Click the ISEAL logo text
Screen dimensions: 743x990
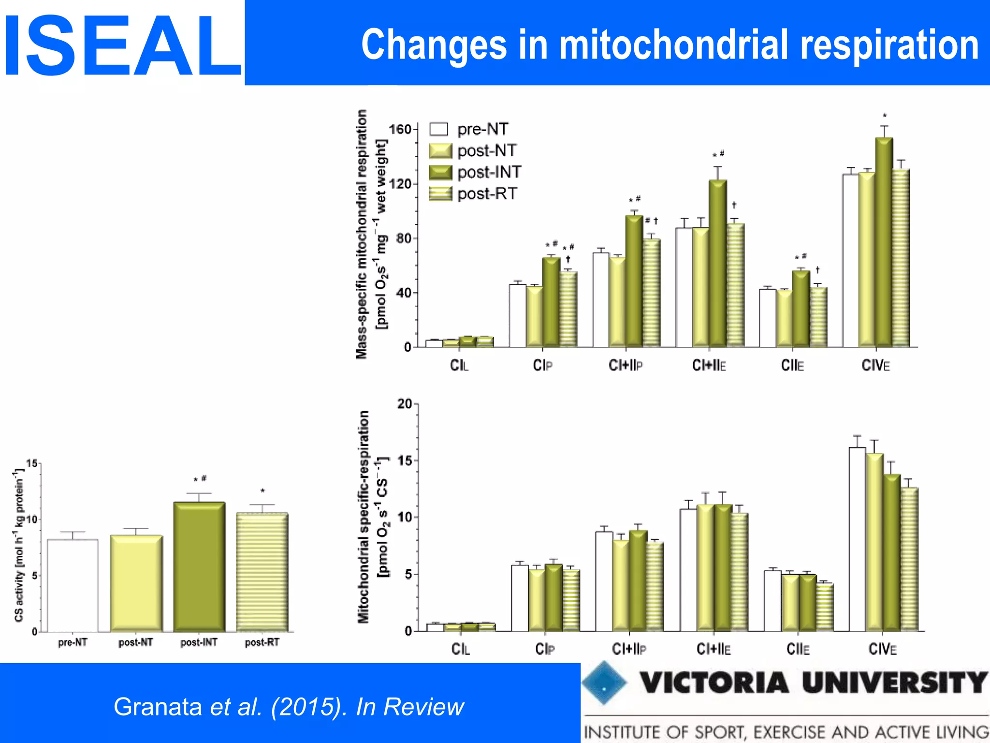[x=122, y=46]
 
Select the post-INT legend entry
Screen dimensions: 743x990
[x=489, y=172]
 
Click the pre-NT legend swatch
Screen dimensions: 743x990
[x=439, y=129]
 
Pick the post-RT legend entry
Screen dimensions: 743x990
[x=487, y=194]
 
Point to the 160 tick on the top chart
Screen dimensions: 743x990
[x=400, y=129]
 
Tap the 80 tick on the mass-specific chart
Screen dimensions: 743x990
[x=403, y=238]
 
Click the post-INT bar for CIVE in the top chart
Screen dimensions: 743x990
[x=884, y=242]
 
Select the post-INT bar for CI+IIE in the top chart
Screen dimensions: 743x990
[x=718, y=264]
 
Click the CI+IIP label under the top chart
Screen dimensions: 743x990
[x=626, y=366]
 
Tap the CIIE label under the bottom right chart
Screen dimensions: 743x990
[x=798, y=649]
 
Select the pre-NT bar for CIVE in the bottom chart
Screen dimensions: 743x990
[x=857, y=539]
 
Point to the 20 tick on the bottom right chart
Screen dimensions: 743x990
[x=405, y=403]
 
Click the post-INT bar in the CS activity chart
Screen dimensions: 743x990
[x=199, y=567]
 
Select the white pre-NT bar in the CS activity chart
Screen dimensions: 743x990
[x=73, y=585]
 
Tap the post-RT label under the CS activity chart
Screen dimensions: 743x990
[x=262, y=642]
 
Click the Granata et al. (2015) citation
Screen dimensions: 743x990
[x=289, y=707]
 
